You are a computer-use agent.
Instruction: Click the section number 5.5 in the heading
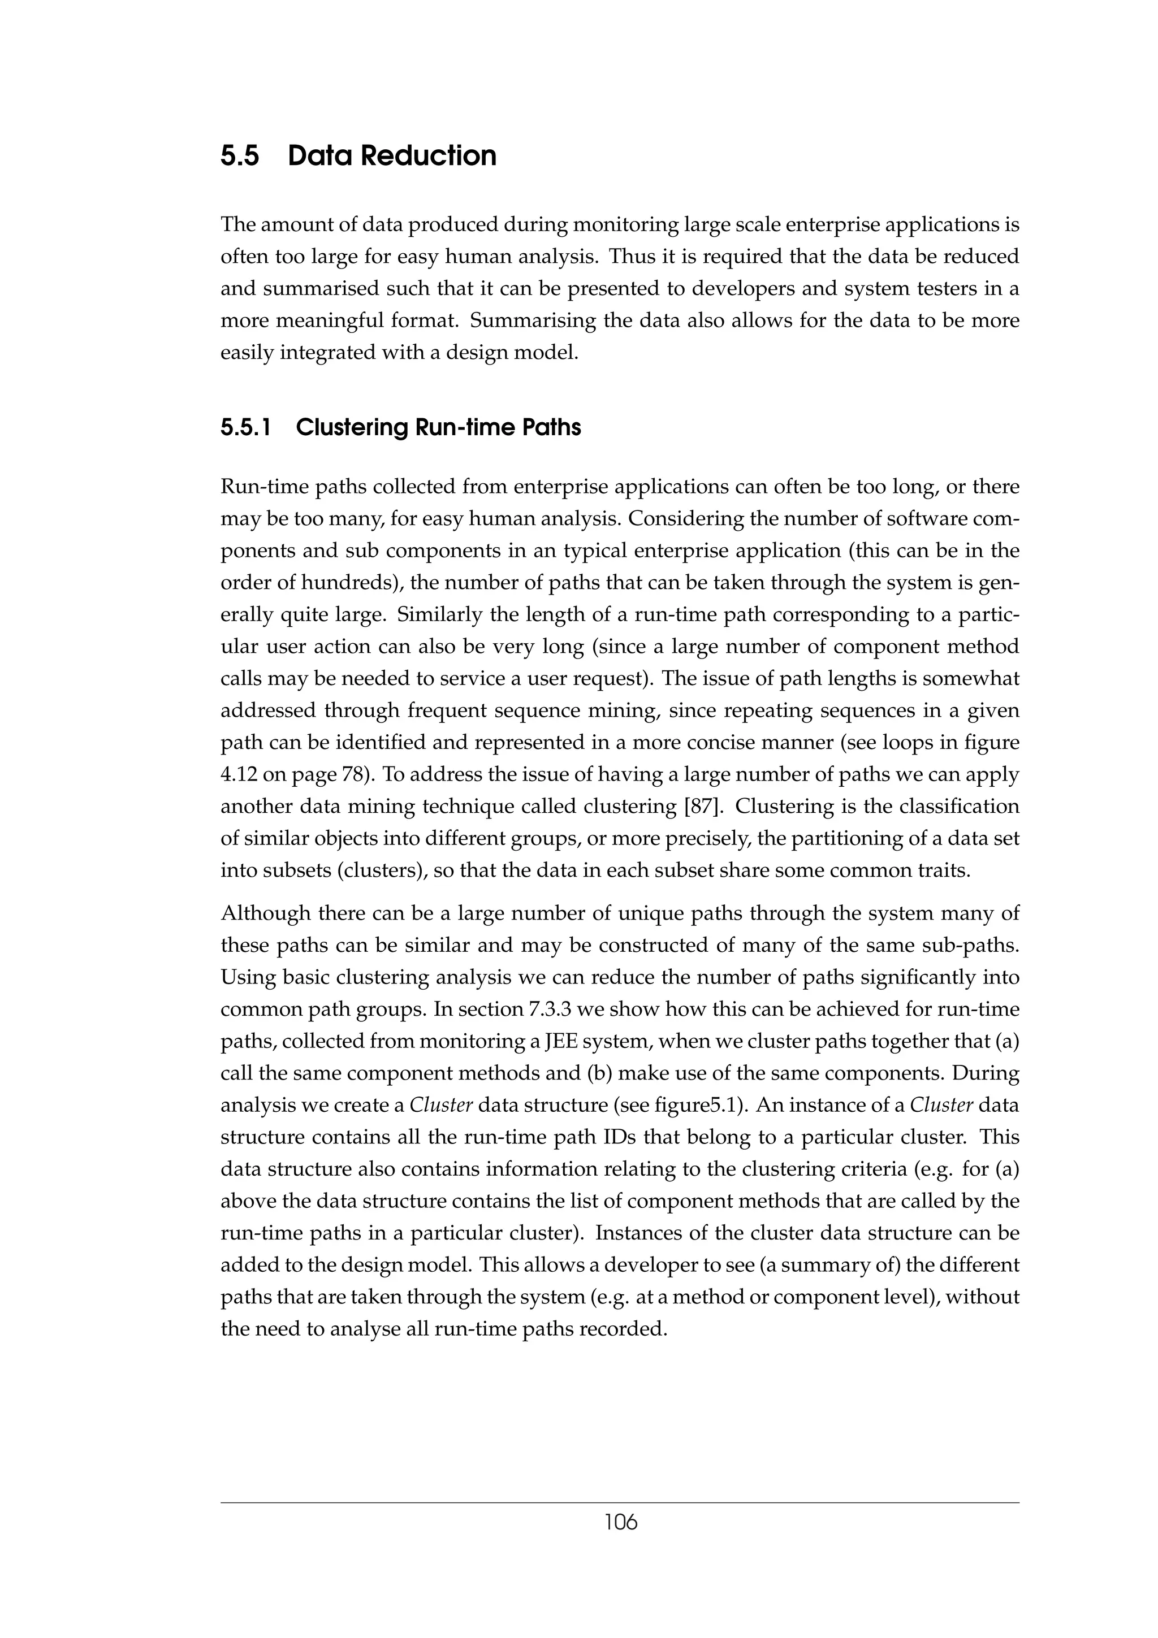240,156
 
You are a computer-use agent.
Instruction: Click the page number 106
620,1523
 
